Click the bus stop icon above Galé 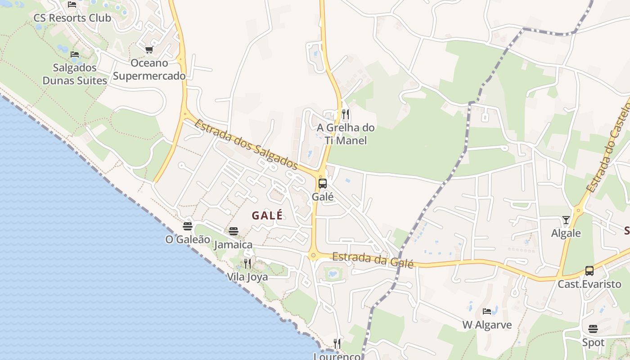tap(322, 184)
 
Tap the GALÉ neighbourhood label tap(267, 216)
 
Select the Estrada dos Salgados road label tap(246, 144)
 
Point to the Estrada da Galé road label tap(373, 260)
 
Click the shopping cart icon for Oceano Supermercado tap(149, 50)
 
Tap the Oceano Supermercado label tap(149, 69)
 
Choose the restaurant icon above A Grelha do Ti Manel tap(345, 114)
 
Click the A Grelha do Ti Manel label tap(346, 134)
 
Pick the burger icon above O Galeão tap(188, 226)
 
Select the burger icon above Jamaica tap(233, 231)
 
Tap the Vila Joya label tap(247, 277)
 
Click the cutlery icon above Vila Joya tap(247, 263)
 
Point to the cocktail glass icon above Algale tap(566, 220)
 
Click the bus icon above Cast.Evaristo tap(589, 270)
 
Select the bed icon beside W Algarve tap(487, 311)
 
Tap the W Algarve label tap(487, 324)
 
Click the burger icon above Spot tap(593, 329)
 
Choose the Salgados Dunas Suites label tap(75, 74)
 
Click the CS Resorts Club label tap(72, 18)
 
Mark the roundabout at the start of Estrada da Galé tap(313, 256)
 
